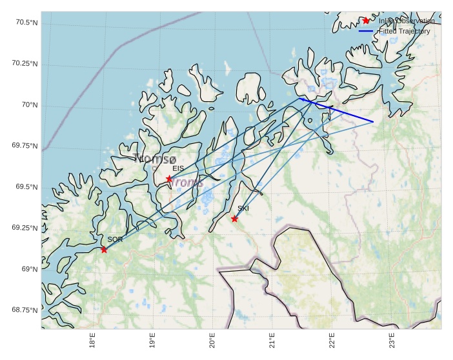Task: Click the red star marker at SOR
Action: tap(104, 249)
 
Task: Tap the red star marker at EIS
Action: tap(169, 179)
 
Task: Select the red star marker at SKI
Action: tap(235, 219)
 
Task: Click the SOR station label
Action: tap(115, 239)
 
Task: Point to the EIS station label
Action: tap(178, 168)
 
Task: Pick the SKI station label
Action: tap(243, 208)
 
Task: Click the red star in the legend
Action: tap(366, 21)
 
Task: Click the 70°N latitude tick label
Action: tap(28, 105)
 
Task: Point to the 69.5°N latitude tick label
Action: tap(25, 187)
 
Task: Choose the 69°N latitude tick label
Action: tap(28, 269)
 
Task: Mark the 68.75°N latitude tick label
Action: tap(24, 310)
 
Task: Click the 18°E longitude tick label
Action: tap(93, 341)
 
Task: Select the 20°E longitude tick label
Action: tap(212, 341)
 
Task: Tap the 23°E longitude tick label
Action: tap(392, 341)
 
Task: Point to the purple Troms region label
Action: tap(186, 183)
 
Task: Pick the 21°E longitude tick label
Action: tap(272, 341)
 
